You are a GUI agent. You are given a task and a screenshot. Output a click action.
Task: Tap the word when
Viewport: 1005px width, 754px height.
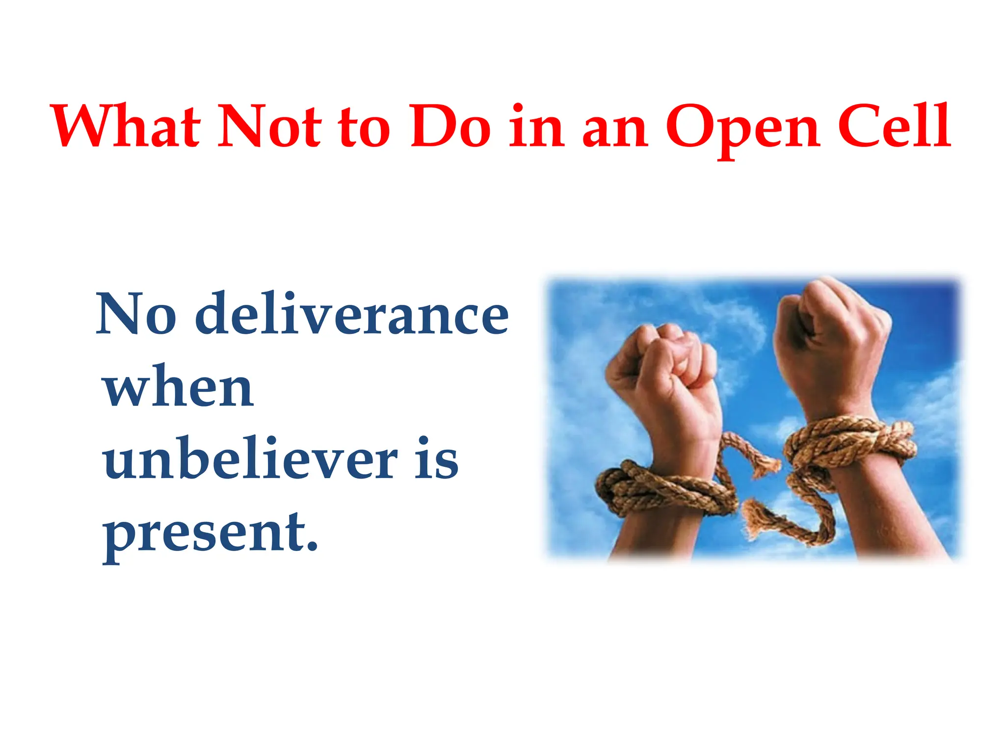[x=179, y=388]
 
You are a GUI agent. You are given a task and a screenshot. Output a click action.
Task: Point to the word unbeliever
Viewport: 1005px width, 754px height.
[x=250, y=459]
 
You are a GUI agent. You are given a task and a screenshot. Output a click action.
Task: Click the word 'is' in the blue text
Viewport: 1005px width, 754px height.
[x=436, y=459]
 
